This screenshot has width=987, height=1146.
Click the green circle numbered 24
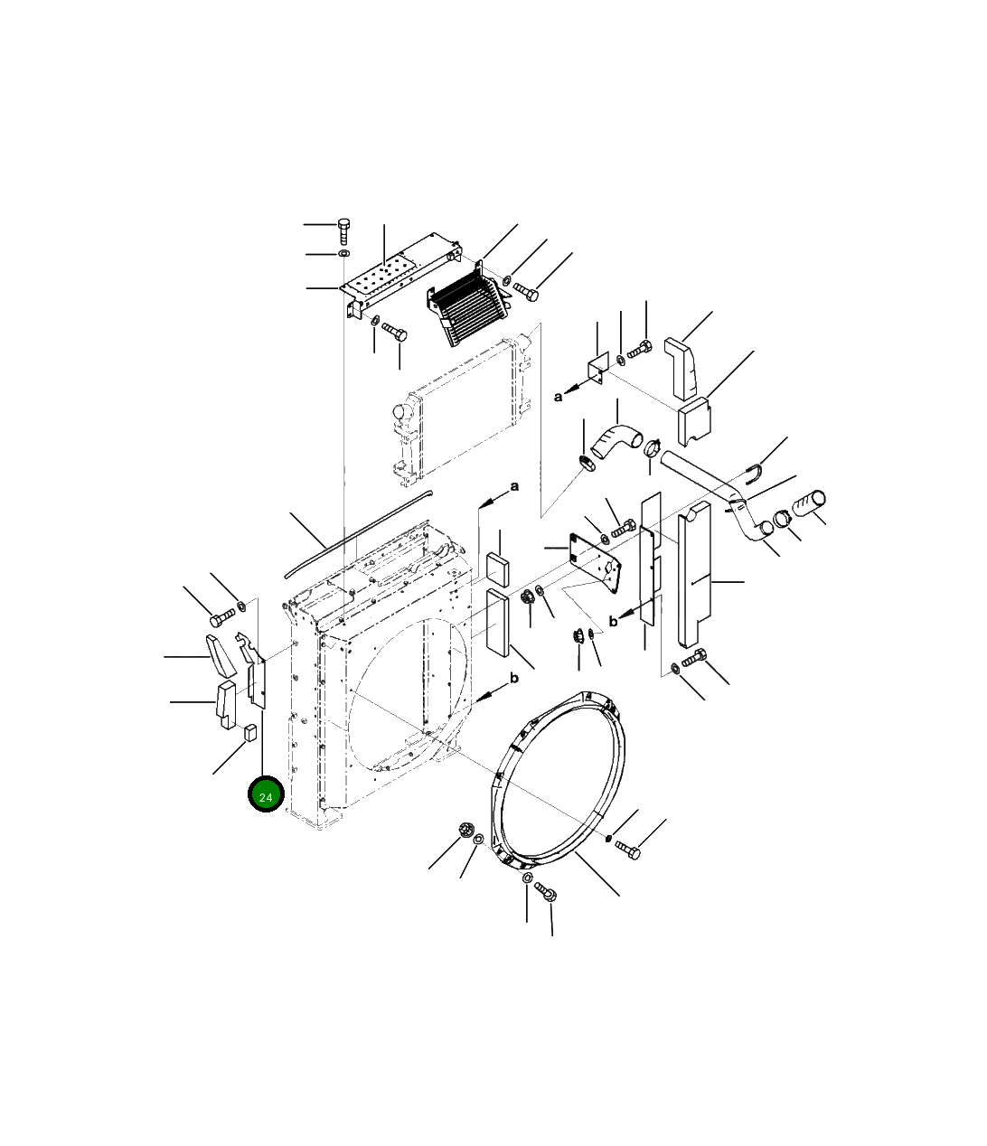pyautogui.click(x=266, y=794)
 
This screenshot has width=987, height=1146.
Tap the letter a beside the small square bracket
pyautogui.click(x=558, y=397)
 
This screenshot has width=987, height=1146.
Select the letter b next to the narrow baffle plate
pyautogui.click(x=614, y=622)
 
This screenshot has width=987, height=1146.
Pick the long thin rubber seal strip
pyautogui.click(x=358, y=534)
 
